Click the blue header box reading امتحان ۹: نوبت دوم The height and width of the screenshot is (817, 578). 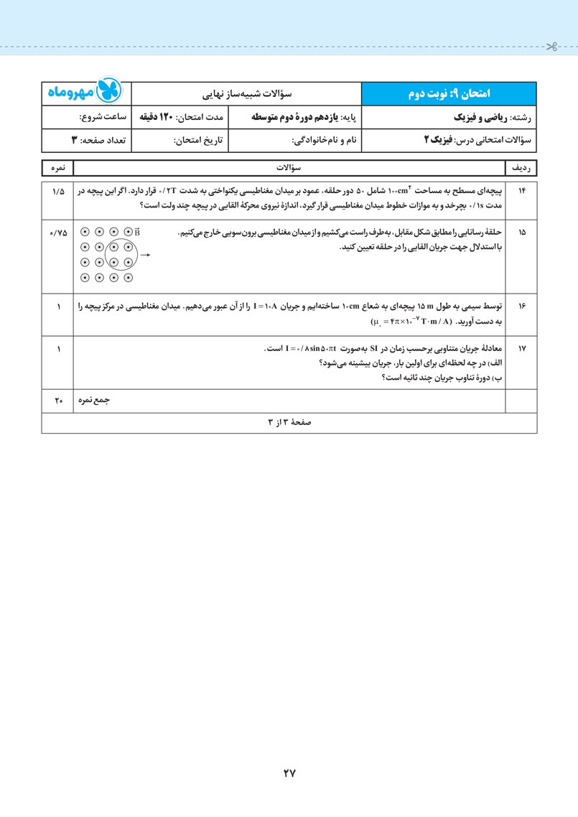tap(448, 93)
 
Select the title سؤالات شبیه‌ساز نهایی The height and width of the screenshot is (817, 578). tap(246, 93)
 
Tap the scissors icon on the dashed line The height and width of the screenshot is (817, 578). tap(551, 47)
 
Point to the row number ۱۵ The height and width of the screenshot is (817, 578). tap(521, 233)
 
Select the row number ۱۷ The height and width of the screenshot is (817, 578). tap(521, 349)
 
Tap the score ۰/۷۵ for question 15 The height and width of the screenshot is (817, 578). tap(57, 233)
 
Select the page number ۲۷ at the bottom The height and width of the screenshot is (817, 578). tap(289, 773)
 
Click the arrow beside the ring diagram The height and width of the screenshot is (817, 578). tap(144, 255)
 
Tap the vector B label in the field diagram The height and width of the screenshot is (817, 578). tap(136, 231)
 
